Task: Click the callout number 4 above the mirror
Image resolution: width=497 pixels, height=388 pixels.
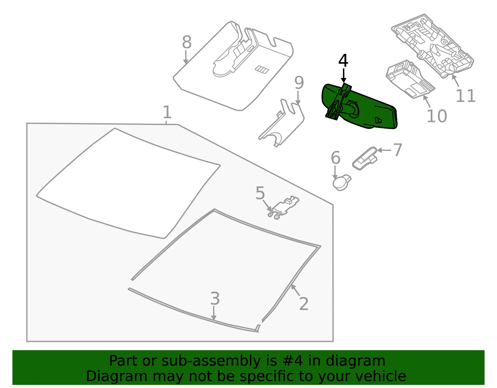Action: [x=343, y=61]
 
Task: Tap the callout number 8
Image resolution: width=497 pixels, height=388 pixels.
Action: [x=187, y=42]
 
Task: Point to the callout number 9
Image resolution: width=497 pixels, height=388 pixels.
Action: [x=299, y=83]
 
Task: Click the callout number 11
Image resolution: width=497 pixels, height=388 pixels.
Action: [x=466, y=96]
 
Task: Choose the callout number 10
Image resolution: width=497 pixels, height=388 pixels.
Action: [x=437, y=116]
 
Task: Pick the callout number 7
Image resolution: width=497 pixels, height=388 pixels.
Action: [x=398, y=150]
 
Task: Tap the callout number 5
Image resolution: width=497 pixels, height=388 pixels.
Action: [x=260, y=193]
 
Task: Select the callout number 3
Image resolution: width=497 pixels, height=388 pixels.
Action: [x=215, y=298]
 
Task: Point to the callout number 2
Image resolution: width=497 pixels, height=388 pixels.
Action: [x=304, y=304]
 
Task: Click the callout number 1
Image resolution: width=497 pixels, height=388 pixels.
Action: [x=167, y=112]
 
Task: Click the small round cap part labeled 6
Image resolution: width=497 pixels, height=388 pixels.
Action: [x=341, y=183]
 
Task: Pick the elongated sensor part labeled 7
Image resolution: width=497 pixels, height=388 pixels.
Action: [x=365, y=158]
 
